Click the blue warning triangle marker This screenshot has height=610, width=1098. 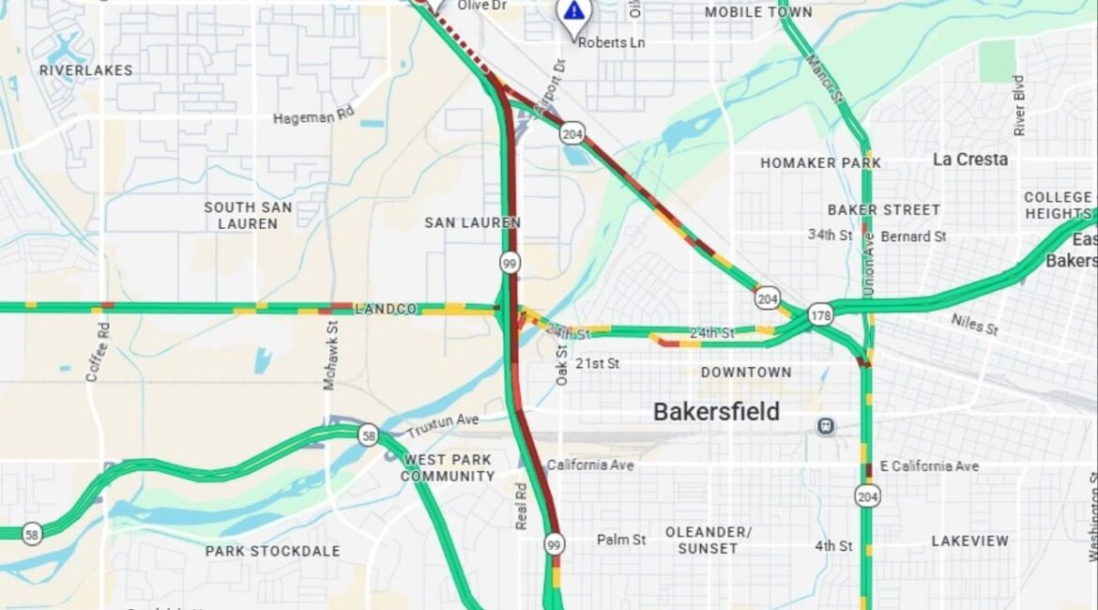[573, 11]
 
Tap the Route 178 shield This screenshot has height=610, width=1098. [821, 315]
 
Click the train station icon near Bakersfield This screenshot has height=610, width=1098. [826, 426]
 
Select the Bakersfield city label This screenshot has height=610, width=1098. [716, 412]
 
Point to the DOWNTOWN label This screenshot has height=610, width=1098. [746, 373]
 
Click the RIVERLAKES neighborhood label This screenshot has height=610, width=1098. [86, 70]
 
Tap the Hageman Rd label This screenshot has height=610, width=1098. [314, 118]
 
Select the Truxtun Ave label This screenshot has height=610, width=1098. [442, 425]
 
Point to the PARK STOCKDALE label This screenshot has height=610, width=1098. [272, 551]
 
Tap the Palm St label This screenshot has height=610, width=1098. [621, 540]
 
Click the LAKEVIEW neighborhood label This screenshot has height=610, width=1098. [970, 541]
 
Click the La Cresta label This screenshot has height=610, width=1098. [970, 160]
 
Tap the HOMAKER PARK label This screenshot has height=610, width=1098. [820, 163]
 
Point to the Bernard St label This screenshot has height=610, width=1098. [913, 236]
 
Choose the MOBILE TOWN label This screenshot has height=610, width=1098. [758, 12]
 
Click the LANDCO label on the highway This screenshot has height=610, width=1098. [386, 309]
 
